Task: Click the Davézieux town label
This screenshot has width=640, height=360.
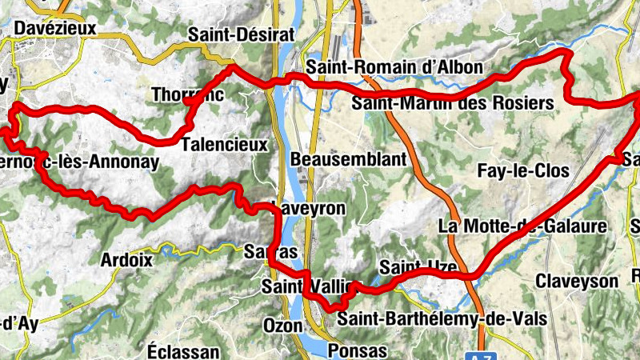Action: (54, 29)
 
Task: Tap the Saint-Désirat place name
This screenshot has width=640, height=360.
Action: (242, 34)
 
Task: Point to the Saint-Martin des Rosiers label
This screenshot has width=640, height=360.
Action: (453, 103)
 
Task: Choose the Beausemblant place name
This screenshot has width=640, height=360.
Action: (349, 160)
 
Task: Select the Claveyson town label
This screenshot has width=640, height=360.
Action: (577, 282)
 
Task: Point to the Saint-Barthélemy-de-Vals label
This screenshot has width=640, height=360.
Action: (442, 319)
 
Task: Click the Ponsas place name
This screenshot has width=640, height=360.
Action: (358, 351)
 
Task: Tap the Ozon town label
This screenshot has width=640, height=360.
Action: (282, 326)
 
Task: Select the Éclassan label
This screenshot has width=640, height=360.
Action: (183, 351)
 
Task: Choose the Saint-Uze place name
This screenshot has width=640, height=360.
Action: (412, 266)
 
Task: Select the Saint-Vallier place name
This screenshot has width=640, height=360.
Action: (307, 286)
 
